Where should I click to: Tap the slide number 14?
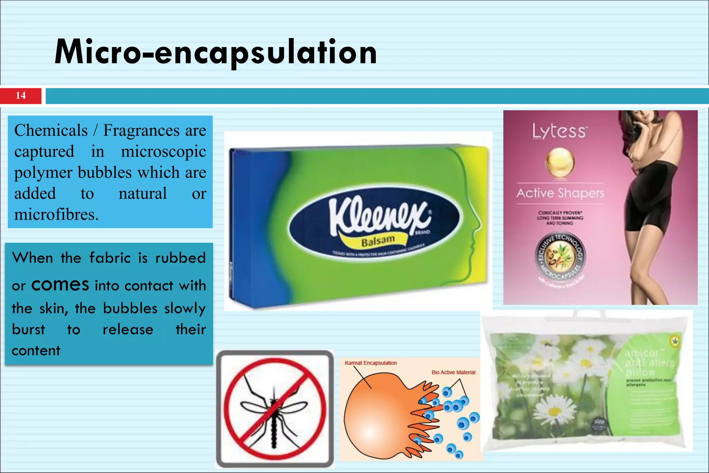tap(20, 96)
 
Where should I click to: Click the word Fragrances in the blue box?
tap(141, 131)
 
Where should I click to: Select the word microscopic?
tap(163, 152)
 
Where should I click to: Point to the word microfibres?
tap(56, 215)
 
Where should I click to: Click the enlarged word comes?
tap(60, 285)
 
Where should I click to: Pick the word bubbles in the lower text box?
tap(130, 308)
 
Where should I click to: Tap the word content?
tap(36, 351)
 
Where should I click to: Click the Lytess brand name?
tap(559, 132)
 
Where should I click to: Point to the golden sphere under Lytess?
tap(560, 162)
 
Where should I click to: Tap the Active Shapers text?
tap(560, 193)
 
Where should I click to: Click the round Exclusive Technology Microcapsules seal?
tap(560, 256)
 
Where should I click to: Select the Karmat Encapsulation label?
tap(370, 363)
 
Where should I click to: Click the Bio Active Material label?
tap(453, 372)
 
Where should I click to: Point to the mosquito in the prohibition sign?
tap(274, 410)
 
